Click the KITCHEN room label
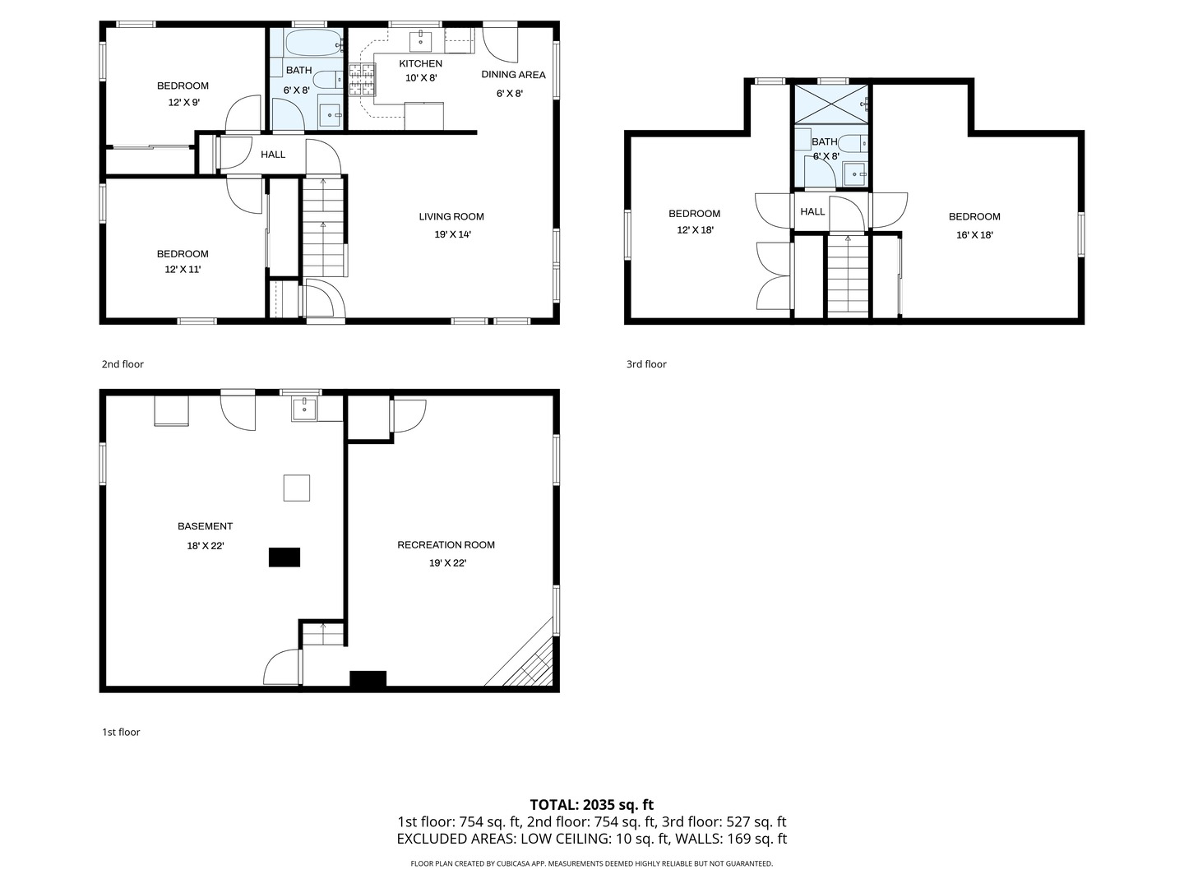tap(420, 63)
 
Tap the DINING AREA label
tap(513, 75)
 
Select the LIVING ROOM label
tap(451, 217)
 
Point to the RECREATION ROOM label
tap(446, 545)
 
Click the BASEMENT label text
tap(205, 526)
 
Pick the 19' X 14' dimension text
tap(452, 234)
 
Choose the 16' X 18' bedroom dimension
tap(974, 235)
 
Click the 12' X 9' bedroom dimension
tap(184, 103)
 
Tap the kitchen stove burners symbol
tap(362, 80)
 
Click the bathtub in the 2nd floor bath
tap(312, 43)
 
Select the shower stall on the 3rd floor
tap(831, 104)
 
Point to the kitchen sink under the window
tap(421, 40)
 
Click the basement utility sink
tap(305, 409)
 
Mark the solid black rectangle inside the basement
tap(284, 557)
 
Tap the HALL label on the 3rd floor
tap(812, 212)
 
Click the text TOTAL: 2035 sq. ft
tap(592, 805)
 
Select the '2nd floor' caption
tap(123, 364)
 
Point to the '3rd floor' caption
tap(646, 364)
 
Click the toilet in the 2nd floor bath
tap(327, 79)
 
